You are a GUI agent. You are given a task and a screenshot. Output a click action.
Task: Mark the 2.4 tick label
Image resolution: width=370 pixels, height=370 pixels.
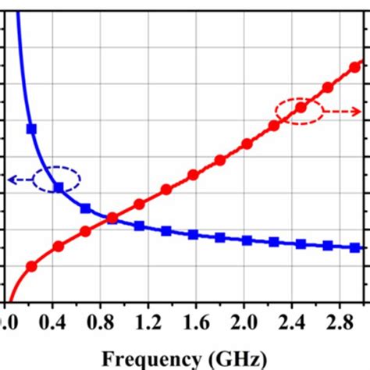coord(291,322)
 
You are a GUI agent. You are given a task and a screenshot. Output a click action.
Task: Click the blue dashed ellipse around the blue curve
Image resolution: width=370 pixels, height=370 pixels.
coord(59,180)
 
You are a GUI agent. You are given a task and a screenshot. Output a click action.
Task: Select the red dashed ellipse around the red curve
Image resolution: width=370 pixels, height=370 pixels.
coord(299,110)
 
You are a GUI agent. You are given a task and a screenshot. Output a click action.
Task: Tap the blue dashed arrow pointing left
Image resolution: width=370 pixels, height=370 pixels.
coord(22,180)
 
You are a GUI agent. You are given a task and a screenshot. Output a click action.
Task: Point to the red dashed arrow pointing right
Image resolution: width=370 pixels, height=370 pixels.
coord(343,111)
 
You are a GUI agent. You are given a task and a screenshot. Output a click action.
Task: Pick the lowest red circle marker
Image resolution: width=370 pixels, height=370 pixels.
coord(31,266)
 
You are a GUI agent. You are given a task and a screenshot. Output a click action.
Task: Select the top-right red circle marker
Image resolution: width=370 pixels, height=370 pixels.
coord(354,67)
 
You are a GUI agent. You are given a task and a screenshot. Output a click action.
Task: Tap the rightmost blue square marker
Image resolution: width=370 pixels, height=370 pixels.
coord(355,247)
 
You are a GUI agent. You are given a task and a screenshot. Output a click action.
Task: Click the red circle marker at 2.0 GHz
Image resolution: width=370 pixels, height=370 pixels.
coord(247,144)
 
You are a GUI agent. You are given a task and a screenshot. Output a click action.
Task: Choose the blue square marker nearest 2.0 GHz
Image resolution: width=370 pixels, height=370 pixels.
coord(247,240)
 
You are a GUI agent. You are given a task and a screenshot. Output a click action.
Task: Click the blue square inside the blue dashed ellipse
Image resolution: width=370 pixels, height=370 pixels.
coord(58,187)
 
